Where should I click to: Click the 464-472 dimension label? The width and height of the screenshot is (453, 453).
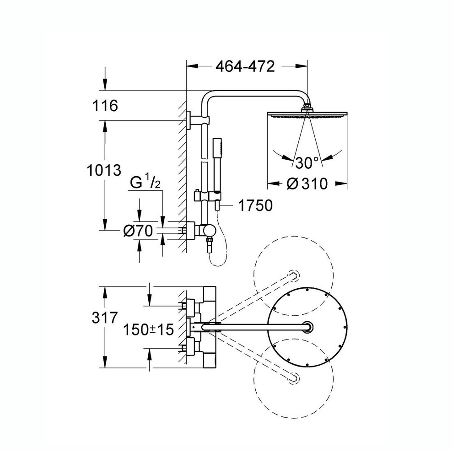[245, 67]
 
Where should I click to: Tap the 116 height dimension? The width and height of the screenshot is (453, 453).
[105, 106]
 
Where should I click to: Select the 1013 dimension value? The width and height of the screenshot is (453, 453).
[104, 170]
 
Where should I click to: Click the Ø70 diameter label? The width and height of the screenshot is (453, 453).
[138, 231]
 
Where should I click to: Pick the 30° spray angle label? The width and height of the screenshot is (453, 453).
[307, 163]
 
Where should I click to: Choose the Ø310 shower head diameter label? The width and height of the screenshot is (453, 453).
[307, 184]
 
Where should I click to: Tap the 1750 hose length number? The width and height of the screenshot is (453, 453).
[255, 205]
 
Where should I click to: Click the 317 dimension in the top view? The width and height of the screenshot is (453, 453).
[105, 318]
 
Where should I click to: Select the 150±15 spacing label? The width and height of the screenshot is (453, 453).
[149, 329]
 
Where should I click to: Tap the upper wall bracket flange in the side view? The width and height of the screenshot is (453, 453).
[189, 120]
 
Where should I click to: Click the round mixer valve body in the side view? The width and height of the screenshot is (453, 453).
[209, 231]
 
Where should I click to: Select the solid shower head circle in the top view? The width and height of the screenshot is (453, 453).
[307, 327]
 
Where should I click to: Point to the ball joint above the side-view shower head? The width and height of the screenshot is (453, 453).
[307, 107]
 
